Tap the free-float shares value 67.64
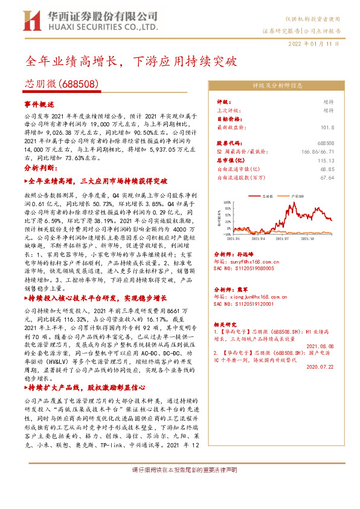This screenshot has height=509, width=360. pyautogui.click(x=327, y=178)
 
